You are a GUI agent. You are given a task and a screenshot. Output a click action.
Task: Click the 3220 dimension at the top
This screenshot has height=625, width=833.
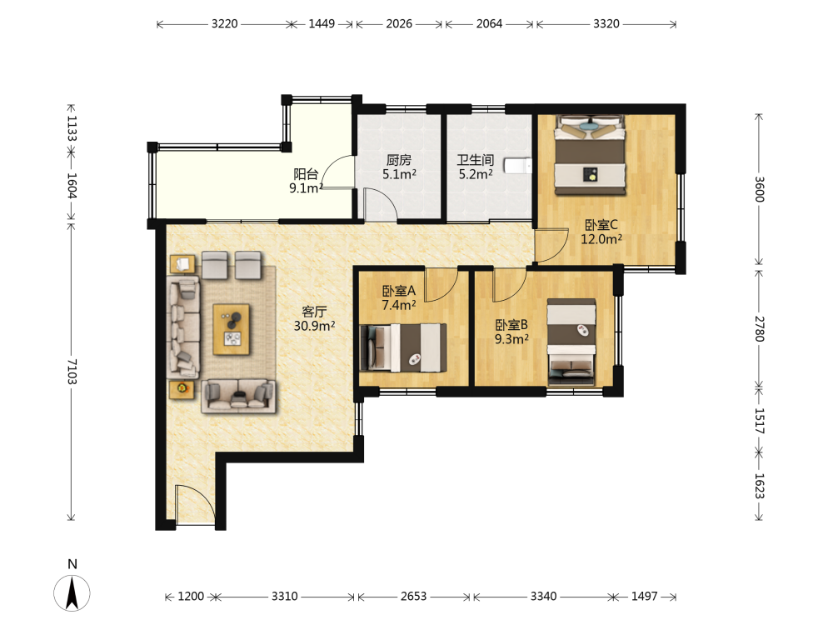tap(224, 24)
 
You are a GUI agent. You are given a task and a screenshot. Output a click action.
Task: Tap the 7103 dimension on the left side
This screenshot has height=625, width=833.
tap(72, 372)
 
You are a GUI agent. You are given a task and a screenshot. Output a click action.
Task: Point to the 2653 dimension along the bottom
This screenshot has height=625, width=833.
tap(413, 597)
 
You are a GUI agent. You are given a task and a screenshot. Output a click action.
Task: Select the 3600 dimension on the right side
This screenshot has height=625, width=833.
tap(759, 189)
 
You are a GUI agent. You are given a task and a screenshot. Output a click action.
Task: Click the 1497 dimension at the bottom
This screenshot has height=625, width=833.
tap(645, 597)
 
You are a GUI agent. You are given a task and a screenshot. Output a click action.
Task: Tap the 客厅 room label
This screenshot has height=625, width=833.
tap(314, 312)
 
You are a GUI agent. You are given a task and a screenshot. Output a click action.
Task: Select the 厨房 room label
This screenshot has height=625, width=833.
tap(398, 160)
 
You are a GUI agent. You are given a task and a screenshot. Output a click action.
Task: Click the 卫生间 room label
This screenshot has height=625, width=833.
tap(476, 160)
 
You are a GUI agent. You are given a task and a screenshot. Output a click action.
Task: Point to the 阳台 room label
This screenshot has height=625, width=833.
tap(306, 174)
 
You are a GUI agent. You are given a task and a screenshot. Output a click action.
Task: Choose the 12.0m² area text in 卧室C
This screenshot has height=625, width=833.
tap(601, 239)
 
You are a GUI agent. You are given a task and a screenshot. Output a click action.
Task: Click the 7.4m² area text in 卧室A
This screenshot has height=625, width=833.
tap(398, 305)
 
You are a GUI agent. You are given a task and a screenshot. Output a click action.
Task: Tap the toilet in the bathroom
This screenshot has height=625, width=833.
tap(517, 166)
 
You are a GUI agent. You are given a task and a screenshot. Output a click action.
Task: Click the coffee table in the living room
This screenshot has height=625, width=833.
tap(231, 329)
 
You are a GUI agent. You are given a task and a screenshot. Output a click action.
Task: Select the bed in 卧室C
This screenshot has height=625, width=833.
tap(590, 155)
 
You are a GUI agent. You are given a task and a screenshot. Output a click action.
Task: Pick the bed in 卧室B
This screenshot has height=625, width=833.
tap(571, 342)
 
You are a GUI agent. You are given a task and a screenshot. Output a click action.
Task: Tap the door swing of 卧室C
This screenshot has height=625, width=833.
tap(551, 246)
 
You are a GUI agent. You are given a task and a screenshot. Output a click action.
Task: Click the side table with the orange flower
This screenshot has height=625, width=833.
tap(182, 388)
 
